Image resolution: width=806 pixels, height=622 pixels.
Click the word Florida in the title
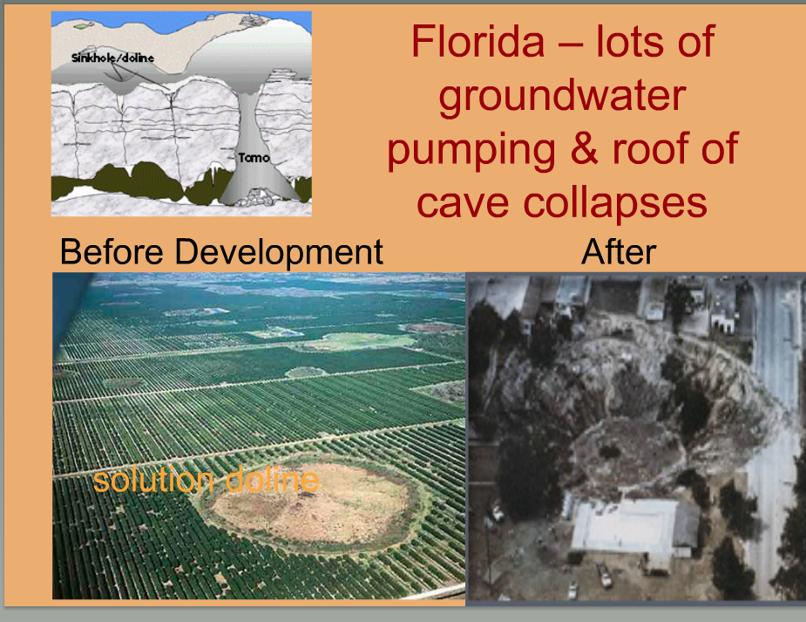[478, 42]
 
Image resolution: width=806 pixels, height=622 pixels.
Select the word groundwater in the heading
[562, 96]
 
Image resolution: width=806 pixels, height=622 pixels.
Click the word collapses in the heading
[615, 202]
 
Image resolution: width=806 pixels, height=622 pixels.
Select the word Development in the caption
[279, 253]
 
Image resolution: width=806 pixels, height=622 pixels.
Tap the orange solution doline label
[206, 480]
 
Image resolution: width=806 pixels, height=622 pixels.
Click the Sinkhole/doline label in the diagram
[112, 58]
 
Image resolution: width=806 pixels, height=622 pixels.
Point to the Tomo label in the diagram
[254, 157]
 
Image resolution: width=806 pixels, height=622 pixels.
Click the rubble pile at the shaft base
[255, 196]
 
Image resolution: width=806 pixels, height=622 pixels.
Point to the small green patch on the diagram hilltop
[81, 25]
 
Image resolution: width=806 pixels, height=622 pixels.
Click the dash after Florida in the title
[571, 45]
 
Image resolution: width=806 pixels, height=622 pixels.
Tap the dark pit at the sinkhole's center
[610, 452]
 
